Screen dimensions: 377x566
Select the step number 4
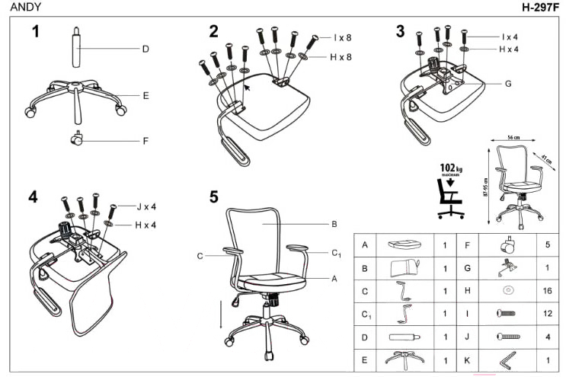click(x=33, y=196)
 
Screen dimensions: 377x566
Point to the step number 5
click(x=214, y=196)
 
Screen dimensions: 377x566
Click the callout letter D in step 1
click(x=145, y=50)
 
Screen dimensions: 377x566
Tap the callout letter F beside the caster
click(x=145, y=140)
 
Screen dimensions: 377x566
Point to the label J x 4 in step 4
click(x=146, y=206)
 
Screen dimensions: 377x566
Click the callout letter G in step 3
click(x=508, y=84)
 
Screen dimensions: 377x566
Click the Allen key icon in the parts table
click(x=506, y=359)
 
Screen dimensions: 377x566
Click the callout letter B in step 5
click(x=334, y=225)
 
